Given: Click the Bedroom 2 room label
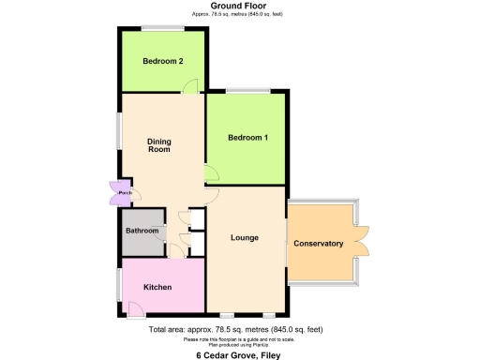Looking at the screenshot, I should click(162, 62).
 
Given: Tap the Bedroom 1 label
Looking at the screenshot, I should click(248, 138).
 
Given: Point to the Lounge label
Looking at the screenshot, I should click(245, 237).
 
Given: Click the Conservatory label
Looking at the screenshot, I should click(319, 244).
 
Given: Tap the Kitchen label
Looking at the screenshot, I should click(157, 286).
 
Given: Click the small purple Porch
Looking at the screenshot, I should click(123, 194).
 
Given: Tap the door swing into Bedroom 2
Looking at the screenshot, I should click(190, 85).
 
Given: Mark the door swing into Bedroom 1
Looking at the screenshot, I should click(211, 173).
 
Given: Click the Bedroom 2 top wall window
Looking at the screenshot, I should click(163, 28).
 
